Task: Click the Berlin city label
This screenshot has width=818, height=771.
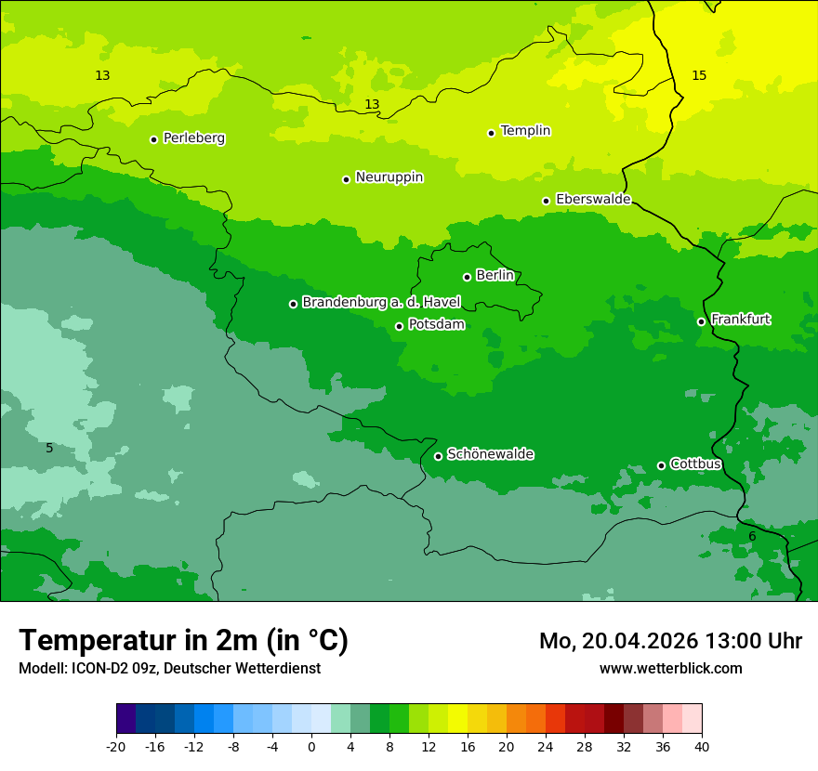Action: tap(495, 276)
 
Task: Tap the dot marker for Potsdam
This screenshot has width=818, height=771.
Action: tap(399, 326)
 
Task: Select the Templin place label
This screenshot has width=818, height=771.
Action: tap(525, 131)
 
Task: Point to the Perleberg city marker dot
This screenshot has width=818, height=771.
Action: tap(153, 139)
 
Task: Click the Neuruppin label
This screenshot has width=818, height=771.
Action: tap(389, 177)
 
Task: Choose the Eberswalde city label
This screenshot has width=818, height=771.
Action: tap(593, 200)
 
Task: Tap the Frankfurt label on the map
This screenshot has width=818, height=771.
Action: tap(740, 320)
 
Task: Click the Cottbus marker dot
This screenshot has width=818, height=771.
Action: tap(661, 465)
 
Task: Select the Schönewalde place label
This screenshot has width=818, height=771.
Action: tap(490, 454)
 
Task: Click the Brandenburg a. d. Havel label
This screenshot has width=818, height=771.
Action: tap(381, 303)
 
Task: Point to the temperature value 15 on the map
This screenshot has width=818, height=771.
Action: tap(699, 75)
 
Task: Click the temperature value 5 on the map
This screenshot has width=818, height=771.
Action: tap(50, 448)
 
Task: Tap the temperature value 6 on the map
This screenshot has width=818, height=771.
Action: tap(752, 536)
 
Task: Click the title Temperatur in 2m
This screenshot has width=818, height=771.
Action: tap(183, 640)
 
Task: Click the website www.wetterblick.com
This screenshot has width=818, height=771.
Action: tap(670, 668)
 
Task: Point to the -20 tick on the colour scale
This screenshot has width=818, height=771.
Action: tap(116, 746)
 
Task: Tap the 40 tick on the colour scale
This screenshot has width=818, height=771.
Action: tap(702, 746)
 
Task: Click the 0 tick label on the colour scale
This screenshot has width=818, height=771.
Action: tap(311, 746)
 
